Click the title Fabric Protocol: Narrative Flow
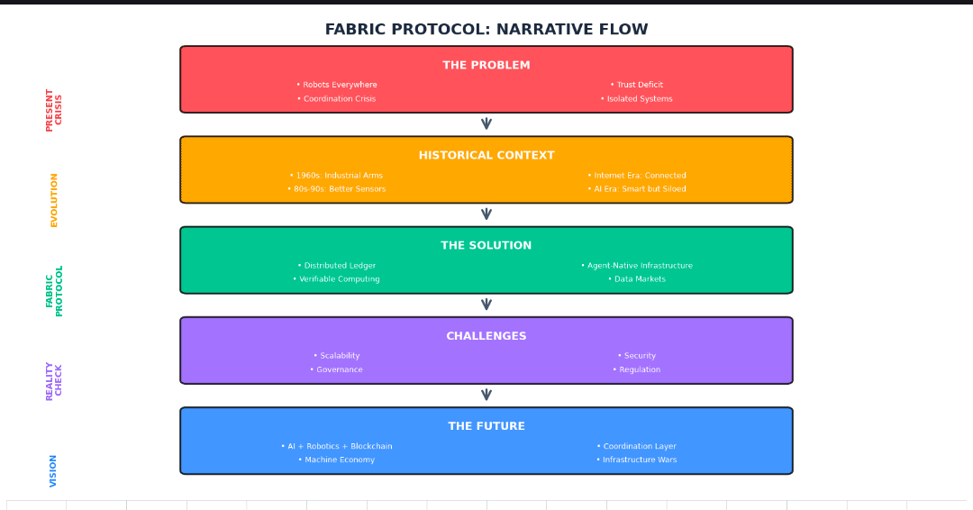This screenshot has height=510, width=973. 486,30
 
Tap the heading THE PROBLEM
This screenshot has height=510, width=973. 486,66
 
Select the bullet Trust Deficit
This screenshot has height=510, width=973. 637,86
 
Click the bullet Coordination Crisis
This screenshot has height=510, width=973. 337,99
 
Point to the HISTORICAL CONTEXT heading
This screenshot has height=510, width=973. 486,156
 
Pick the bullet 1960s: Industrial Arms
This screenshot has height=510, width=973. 336,176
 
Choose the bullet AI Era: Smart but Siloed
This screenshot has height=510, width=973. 637,189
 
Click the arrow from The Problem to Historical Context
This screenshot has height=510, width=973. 486,124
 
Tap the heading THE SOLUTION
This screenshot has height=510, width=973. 486,246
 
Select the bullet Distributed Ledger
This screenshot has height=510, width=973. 337,266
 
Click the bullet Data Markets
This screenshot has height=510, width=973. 637,279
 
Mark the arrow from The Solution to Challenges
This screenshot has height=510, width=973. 486,305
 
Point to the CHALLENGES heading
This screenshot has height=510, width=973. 486,336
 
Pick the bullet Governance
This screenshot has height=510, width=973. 337,369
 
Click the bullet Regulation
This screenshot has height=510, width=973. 637,369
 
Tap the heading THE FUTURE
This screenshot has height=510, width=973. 486,426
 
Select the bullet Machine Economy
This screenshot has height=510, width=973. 337,460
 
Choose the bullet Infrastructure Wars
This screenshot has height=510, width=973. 637,460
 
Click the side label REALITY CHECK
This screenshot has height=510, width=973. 54,380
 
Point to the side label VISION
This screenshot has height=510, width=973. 54,470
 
